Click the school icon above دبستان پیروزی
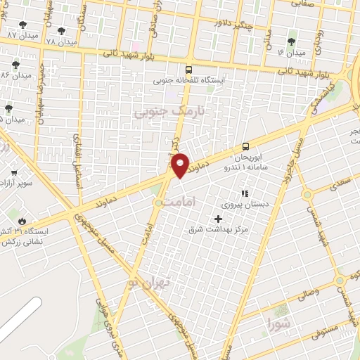245,193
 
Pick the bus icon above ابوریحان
245,146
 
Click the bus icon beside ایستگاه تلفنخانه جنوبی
188,70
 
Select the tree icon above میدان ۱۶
292,41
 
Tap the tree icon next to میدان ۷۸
61,32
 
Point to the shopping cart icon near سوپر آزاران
13,172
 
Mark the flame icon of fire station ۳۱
22,220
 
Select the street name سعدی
341,182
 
